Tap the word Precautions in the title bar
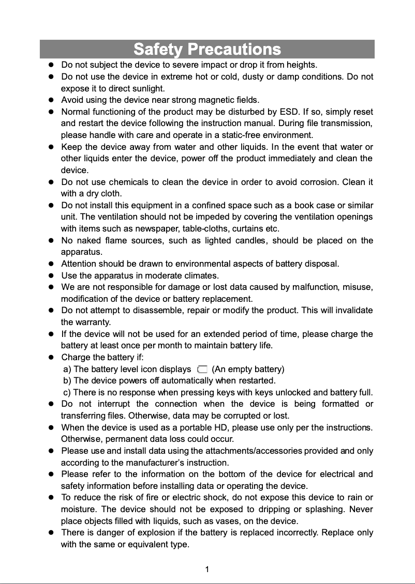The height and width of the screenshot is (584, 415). pos(234,50)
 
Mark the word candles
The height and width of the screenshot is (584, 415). pos(250,240)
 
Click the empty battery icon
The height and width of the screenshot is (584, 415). pos(202,369)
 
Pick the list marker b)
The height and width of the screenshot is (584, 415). pos(67,381)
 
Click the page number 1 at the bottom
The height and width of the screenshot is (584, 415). pos(207,570)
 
